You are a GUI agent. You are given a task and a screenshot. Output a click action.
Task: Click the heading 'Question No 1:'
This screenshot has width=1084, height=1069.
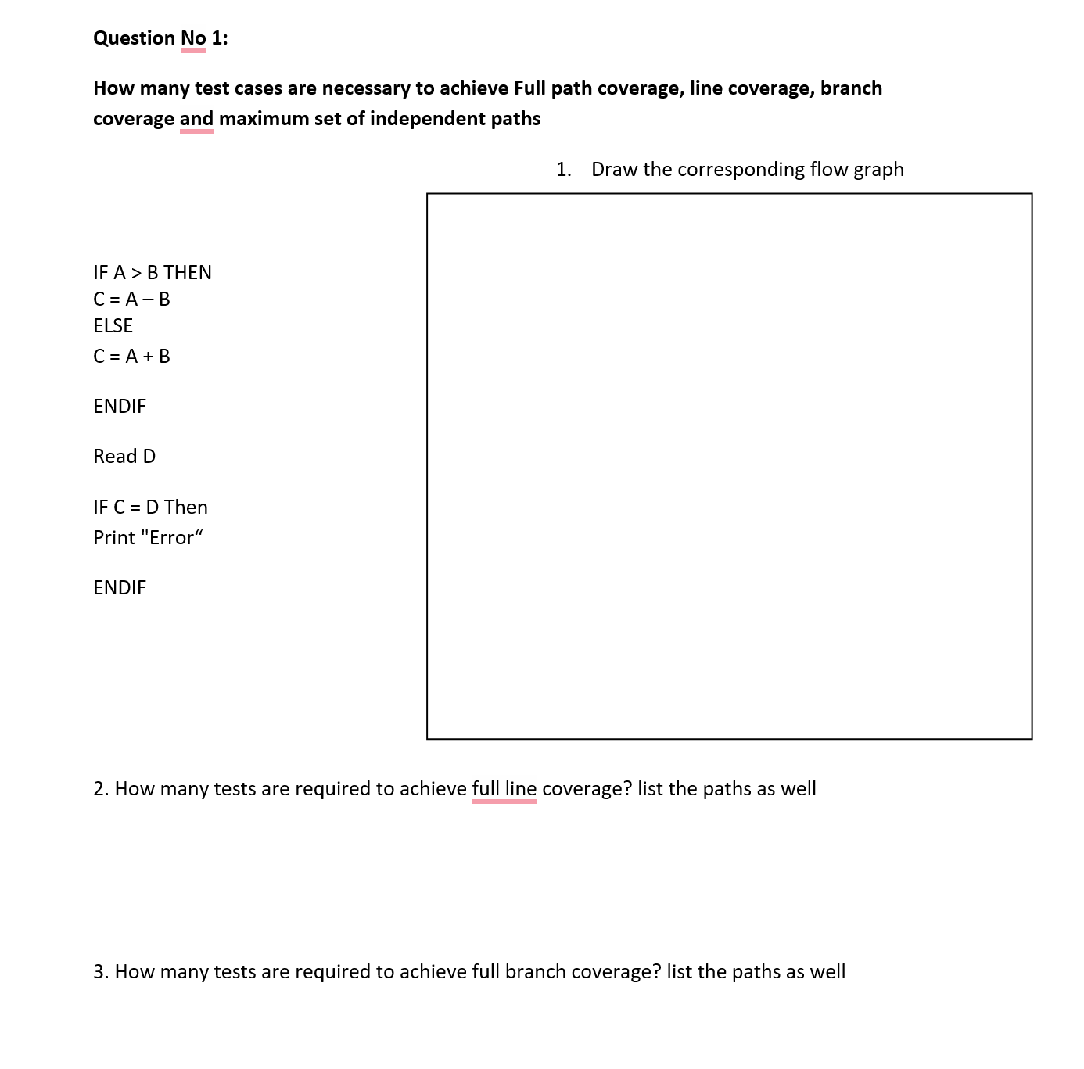click(x=160, y=38)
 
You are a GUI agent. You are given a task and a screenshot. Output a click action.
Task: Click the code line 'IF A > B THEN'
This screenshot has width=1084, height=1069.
click(x=153, y=273)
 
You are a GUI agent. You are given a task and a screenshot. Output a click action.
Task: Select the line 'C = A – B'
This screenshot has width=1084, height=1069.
click(x=131, y=300)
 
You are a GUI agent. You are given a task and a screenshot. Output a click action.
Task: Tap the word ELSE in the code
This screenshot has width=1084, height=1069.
click(x=113, y=326)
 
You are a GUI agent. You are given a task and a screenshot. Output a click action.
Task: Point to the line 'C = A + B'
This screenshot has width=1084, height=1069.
click(x=131, y=357)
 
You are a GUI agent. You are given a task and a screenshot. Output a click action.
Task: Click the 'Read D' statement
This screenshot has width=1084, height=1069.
click(x=124, y=457)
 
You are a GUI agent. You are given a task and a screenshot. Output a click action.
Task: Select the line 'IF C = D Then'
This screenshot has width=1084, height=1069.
click(x=150, y=508)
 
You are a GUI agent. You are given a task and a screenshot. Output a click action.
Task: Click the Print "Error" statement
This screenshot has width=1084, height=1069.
click(x=148, y=538)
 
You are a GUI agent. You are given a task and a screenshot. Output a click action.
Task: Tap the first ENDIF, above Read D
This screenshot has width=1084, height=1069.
click(x=120, y=407)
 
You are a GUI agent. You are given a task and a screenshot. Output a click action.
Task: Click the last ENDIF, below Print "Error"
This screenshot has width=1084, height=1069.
click(x=120, y=588)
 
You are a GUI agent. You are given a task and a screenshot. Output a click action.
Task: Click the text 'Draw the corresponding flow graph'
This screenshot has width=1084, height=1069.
click(x=747, y=170)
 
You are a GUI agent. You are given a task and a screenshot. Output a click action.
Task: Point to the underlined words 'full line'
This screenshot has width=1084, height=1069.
click(x=504, y=789)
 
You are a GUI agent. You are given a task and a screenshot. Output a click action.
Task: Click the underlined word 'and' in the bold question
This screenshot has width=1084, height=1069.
click(x=196, y=119)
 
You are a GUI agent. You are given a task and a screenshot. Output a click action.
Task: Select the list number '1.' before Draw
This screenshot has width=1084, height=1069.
click(x=564, y=170)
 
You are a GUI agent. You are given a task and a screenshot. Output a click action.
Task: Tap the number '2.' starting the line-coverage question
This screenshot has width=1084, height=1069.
click(x=101, y=789)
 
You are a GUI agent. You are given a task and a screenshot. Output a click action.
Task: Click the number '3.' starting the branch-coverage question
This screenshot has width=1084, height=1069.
click(x=101, y=972)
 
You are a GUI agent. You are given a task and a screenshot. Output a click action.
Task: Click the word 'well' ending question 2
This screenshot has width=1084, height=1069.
click(x=798, y=789)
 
